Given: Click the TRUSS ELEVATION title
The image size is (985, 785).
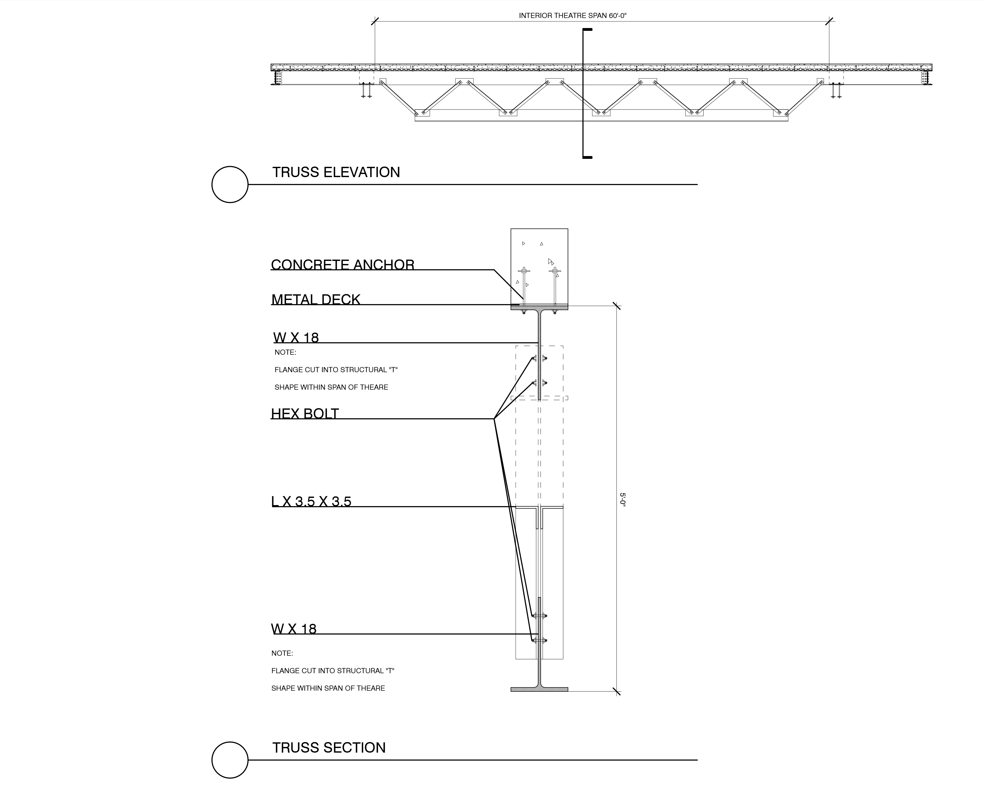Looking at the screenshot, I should [x=336, y=172].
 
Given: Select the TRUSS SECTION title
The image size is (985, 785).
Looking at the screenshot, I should [x=329, y=747].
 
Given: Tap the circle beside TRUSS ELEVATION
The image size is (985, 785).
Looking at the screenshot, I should [x=230, y=185].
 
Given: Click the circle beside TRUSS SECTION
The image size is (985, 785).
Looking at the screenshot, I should [x=230, y=760].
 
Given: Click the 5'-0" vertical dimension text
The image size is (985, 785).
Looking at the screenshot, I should [x=622, y=499].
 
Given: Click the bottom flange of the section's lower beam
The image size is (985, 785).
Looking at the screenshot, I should [x=539, y=689].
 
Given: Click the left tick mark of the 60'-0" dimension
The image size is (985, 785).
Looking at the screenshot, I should [x=375, y=21].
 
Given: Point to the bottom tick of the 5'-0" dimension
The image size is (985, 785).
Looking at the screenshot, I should [x=616, y=691].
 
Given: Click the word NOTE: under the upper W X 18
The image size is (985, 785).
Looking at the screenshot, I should [x=285, y=352].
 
